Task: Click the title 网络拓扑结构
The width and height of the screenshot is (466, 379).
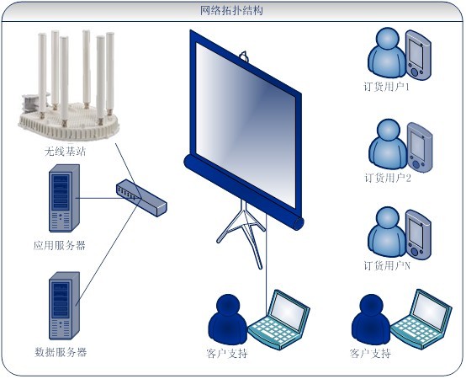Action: point(231,11)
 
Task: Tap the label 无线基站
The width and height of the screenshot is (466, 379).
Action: point(65,152)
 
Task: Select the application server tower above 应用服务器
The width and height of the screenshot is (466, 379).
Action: point(64,198)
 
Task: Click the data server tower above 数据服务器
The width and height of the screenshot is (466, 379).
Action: point(64,306)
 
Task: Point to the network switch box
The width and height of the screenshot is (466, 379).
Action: point(141,198)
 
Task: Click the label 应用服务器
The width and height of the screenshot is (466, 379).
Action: point(60,246)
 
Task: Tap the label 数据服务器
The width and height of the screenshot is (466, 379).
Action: point(61,352)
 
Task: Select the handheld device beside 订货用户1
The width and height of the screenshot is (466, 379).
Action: point(418,55)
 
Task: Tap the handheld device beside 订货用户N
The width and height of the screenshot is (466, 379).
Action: point(418,234)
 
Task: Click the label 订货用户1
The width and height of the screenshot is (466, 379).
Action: point(387,87)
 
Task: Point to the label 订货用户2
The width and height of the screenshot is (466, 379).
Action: point(388,178)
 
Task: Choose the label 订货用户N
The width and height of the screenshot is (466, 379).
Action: point(387,265)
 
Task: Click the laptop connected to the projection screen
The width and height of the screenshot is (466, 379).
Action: point(279,320)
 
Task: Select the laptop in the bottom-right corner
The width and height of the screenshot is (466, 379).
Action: point(421,319)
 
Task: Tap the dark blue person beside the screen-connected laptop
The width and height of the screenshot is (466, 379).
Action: point(228,318)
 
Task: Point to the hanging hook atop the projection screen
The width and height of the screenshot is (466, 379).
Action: point(244,56)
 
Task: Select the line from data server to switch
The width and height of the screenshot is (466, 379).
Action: point(108,253)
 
